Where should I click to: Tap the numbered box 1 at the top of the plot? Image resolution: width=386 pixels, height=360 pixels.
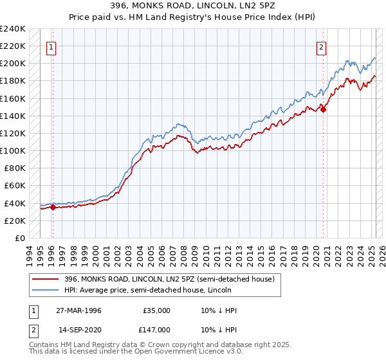[x=51, y=46]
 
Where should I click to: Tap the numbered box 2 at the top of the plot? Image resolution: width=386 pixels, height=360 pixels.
[x=321, y=46]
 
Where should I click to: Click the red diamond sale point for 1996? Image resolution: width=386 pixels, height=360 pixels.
[x=53, y=207]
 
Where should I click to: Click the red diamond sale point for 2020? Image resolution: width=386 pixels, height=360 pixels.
[x=324, y=109]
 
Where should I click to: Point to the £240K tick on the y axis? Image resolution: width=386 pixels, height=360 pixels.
[x=13, y=29]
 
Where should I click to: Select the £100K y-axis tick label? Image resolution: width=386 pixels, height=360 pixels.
[x=13, y=150]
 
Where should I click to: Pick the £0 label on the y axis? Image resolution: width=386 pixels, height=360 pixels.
[x=19, y=238]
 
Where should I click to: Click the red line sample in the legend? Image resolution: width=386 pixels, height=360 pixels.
[x=46, y=279]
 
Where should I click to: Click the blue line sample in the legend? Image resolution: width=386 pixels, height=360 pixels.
[x=46, y=289]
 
